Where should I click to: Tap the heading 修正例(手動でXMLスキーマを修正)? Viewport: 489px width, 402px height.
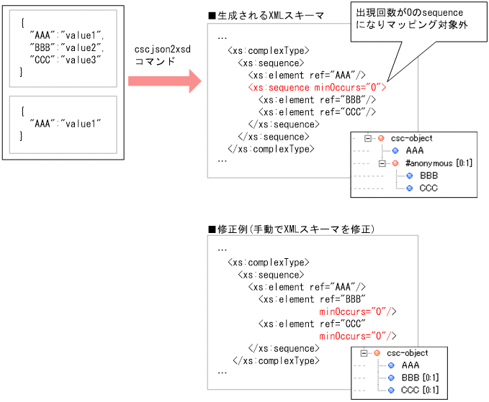(295, 229)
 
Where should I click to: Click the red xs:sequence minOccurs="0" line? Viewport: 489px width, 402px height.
(317, 87)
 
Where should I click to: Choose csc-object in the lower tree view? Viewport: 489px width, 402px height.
(407, 353)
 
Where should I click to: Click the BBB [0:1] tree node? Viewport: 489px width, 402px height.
(420, 378)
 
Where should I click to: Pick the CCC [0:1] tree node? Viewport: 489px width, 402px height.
(420, 390)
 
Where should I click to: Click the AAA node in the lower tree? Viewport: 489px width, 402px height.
(411, 365)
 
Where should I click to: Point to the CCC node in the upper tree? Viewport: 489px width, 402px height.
(429, 188)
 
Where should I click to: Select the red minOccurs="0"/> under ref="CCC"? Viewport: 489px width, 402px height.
(357, 336)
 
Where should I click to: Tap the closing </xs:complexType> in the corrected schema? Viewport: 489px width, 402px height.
(275, 360)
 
